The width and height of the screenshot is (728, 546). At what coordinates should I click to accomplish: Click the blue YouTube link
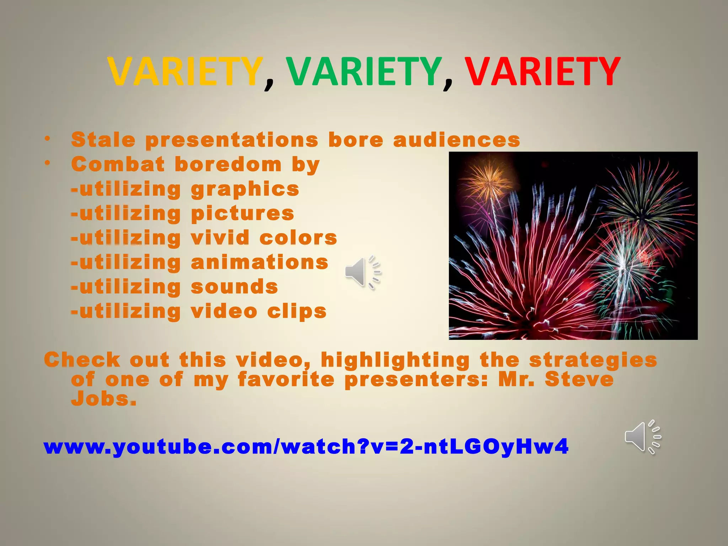point(306,446)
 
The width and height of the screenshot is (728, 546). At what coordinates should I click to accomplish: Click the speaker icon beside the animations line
point(362,272)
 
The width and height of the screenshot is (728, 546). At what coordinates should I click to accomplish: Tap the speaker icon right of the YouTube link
point(643,437)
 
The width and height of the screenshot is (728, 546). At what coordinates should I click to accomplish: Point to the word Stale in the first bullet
point(103,139)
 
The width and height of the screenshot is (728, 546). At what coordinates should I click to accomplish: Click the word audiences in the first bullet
point(456,139)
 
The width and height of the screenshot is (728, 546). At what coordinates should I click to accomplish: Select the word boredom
point(228,164)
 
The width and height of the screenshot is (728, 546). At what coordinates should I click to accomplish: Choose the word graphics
point(245,189)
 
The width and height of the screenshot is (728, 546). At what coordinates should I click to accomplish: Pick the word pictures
point(242,214)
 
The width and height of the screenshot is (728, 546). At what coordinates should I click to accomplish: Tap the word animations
point(259,262)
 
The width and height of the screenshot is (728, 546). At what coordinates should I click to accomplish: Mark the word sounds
point(234,287)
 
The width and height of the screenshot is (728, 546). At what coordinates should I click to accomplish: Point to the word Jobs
point(103,399)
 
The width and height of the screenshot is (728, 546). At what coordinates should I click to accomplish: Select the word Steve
point(579,379)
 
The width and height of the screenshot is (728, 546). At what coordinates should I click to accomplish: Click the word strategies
point(593,360)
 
